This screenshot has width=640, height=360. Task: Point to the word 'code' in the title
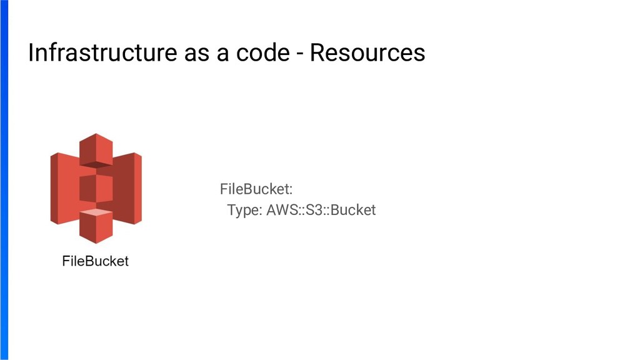click(x=254, y=53)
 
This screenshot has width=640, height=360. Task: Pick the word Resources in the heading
click(x=367, y=53)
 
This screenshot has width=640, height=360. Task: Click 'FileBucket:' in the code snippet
click(x=256, y=189)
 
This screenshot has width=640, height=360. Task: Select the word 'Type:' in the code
click(x=245, y=210)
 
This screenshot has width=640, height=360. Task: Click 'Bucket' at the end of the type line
click(x=353, y=210)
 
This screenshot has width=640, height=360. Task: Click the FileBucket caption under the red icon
click(x=95, y=261)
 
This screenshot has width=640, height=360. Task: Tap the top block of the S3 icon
click(x=96, y=150)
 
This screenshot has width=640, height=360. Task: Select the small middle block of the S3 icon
click(x=96, y=187)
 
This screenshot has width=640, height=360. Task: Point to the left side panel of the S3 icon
click(x=63, y=187)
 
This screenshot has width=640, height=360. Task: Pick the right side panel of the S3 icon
click(x=129, y=187)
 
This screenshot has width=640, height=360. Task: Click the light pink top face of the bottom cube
click(x=96, y=214)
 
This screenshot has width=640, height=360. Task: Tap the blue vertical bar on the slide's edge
click(x=4, y=180)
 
